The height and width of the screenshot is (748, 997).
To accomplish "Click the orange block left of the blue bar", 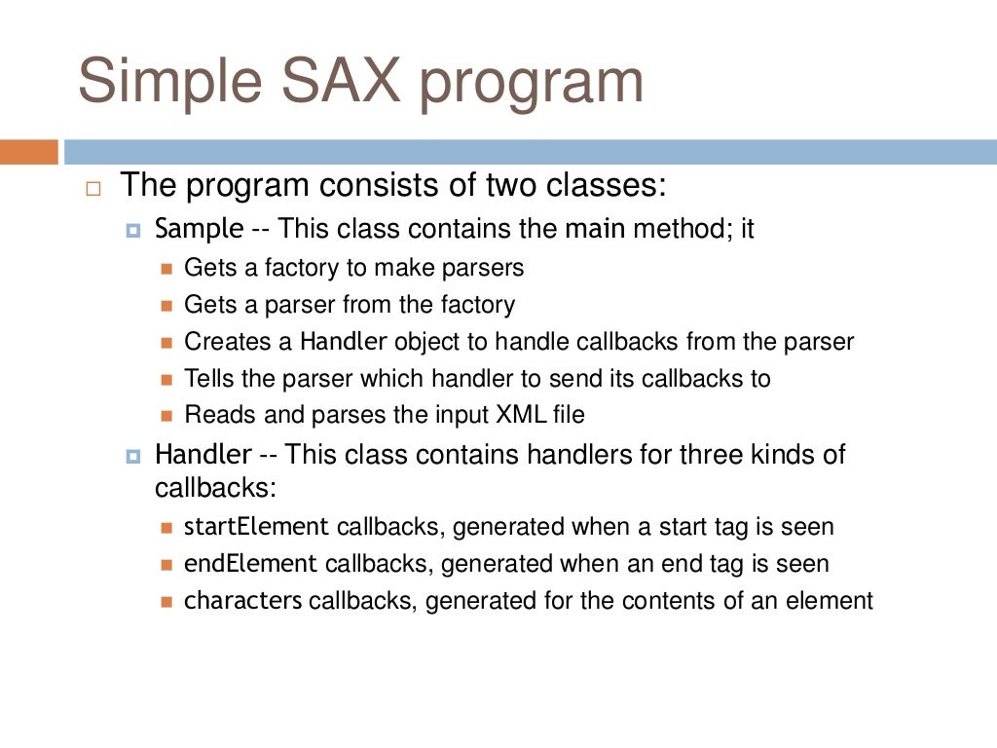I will click(29, 152).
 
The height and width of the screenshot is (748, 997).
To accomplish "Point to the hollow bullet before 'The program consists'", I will click(92, 190).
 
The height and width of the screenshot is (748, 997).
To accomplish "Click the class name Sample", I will click(200, 230).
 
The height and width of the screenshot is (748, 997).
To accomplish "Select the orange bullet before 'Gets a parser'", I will click(165, 306).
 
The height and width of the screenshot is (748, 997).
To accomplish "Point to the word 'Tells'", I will click(208, 378).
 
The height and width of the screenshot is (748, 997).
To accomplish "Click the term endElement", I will click(250, 564).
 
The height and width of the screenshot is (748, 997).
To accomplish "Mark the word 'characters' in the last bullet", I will click(243, 601).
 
